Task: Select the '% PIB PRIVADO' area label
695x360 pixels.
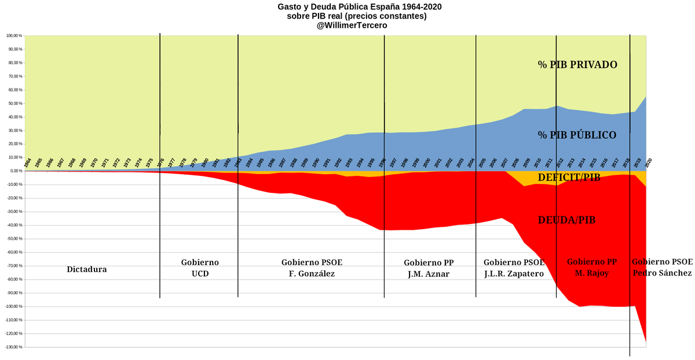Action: [x=577, y=65]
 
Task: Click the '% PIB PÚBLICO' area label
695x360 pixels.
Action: [x=577, y=135]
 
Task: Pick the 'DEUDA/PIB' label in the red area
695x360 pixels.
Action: [x=566, y=220]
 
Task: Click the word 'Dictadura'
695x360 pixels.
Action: [x=87, y=269]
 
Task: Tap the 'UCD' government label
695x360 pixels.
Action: [x=200, y=274]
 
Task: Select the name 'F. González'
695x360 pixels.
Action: [x=312, y=274]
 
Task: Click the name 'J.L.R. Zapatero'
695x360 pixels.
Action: [x=514, y=274]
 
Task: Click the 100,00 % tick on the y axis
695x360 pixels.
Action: [x=13, y=35]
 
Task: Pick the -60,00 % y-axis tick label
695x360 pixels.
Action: [x=13, y=252]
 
